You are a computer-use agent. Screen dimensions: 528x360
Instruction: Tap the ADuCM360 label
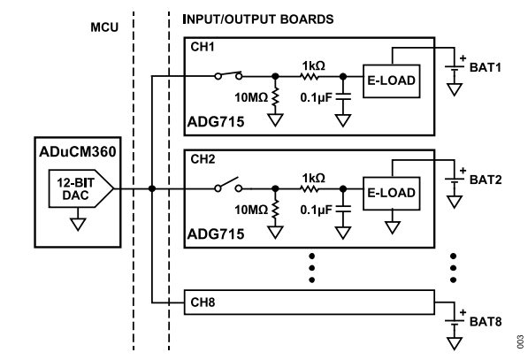[x=78, y=152]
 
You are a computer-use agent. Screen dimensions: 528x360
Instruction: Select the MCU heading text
[x=104, y=27]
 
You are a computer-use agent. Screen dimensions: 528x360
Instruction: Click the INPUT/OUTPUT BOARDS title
[x=258, y=19]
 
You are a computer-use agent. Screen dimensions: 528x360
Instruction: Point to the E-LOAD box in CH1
[x=391, y=81]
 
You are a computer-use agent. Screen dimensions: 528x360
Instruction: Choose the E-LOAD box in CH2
[x=391, y=194]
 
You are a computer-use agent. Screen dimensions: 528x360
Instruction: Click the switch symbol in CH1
[x=228, y=75]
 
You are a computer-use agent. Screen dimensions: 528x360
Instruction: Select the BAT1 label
[x=486, y=68]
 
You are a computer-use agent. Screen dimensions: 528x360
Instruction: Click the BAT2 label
[x=486, y=180]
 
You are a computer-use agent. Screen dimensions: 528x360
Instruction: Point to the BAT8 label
[x=486, y=322]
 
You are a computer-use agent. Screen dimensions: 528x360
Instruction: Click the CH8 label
[x=203, y=303]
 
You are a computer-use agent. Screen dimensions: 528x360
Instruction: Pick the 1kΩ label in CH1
[x=313, y=65]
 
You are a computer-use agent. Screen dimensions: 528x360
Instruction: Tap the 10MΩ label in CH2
[x=251, y=211]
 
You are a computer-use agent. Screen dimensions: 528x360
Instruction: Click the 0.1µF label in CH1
[x=316, y=97]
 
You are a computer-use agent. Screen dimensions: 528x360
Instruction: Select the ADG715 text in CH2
[x=216, y=234]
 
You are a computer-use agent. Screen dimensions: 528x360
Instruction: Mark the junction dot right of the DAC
[x=152, y=188]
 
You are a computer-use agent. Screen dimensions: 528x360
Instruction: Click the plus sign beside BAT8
[x=463, y=312]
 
